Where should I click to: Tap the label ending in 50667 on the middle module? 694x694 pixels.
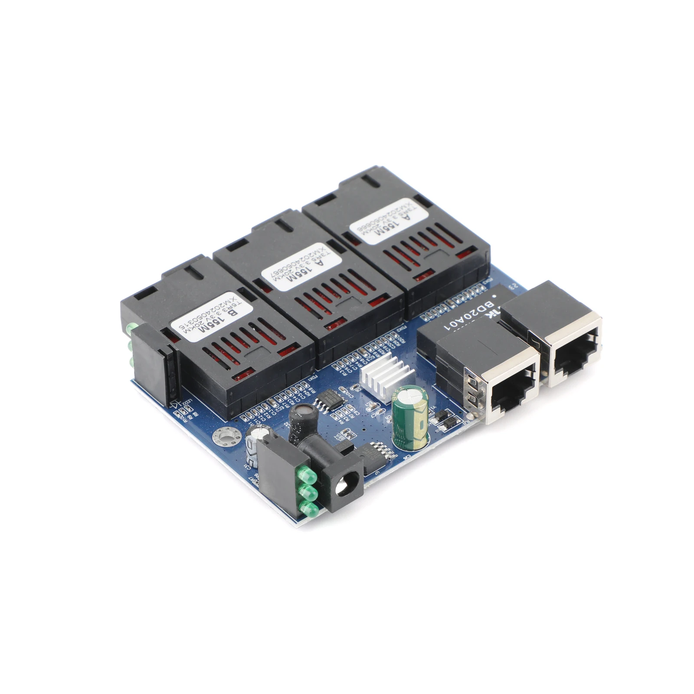point(302,266)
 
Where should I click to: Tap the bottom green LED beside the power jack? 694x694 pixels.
point(308,509)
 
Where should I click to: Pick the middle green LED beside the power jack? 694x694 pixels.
point(308,492)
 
